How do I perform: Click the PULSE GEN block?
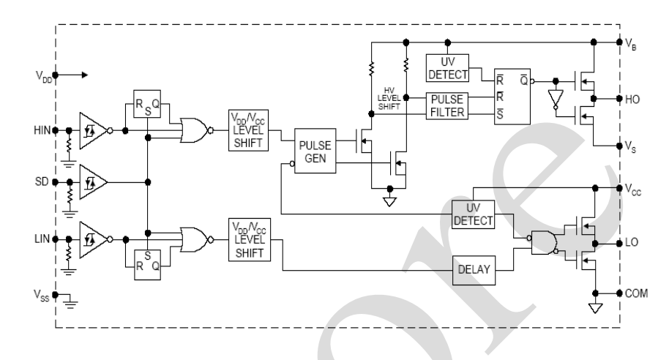[315, 151]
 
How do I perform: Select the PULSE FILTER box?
[446, 105]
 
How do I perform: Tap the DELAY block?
[472, 269]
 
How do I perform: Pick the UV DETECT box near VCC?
[472, 213]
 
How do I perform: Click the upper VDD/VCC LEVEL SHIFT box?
[248, 130]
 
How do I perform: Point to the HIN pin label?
[41, 130]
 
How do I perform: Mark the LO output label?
[632, 241]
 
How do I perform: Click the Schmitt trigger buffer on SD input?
[94, 181]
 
